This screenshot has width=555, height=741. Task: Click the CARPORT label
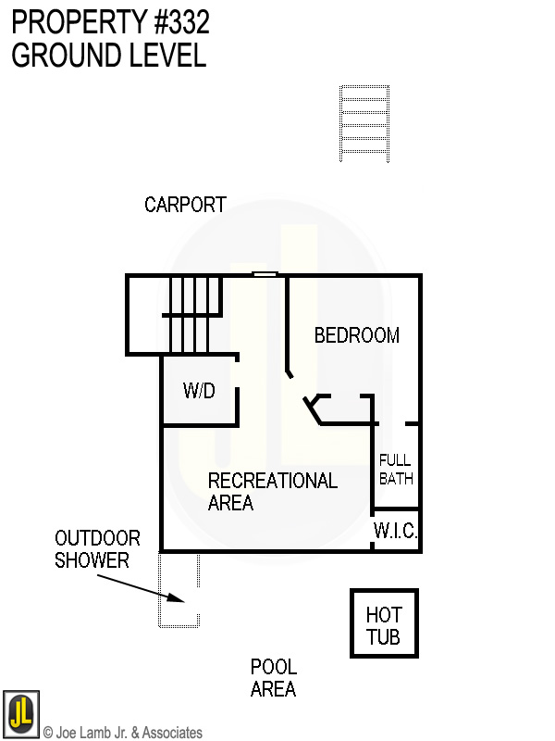click(x=185, y=205)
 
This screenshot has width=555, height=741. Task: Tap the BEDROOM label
click(x=356, y=335)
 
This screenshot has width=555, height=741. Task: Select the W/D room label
click(x=199, y=391)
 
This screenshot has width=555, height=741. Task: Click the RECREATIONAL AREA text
click(x=272, y=492)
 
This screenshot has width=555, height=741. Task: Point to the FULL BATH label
click(x=396, y=470)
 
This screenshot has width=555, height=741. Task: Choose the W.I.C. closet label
click(x=396, y=532)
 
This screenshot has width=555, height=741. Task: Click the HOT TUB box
click(x=383, y=625)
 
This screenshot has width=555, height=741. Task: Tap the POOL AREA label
click(x=273, y=678)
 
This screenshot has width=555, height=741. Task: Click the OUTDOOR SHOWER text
click(x=97, y=549)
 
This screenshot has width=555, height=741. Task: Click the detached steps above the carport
click(x=364, y=123)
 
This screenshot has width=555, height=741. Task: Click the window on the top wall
click(x=265, y=274)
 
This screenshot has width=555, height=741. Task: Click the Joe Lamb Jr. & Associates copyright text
click(x=123, y=733)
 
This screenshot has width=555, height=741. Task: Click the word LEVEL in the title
click(x=166, y=55)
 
